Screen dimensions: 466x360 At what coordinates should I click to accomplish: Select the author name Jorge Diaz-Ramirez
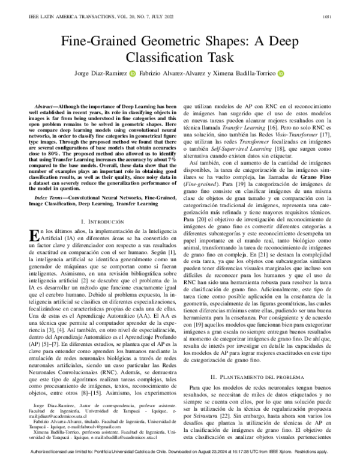click(104, 74)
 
